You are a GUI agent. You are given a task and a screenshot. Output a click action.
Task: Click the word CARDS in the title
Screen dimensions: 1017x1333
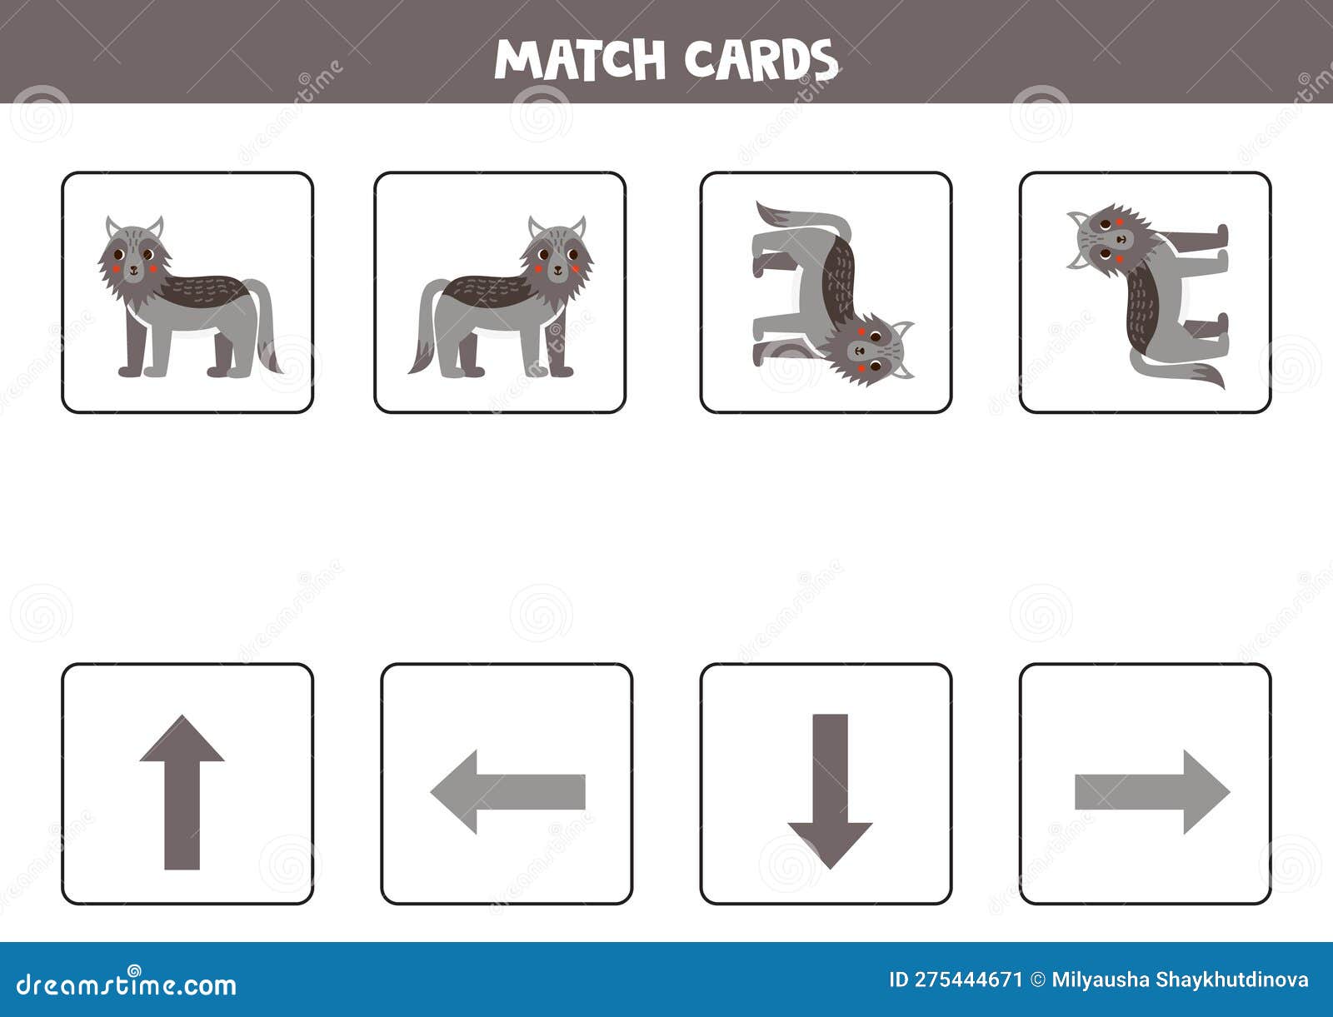pyautogui.click(x=760, y=59)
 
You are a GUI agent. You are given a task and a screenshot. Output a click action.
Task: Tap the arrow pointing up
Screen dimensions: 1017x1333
pyautogui.click(x=182, y=791)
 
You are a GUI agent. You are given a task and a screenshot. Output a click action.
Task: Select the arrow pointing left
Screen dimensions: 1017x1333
pyautogui.click(x=507, y=791)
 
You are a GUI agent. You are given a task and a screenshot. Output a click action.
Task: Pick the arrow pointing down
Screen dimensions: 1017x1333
pyautogui.click(x=830, y=791)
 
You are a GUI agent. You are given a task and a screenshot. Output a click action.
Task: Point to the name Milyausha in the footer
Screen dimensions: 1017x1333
pyautogui.click(x=1100, y=980)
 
